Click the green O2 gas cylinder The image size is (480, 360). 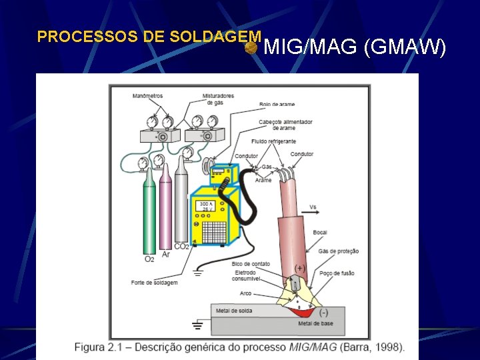tap(149, 213)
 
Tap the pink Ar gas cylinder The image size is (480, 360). tap(165, 210)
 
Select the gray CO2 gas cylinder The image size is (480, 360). tap(181, 203)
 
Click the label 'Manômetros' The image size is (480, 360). tap(147, 96)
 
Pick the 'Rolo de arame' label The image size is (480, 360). tap(277, 105)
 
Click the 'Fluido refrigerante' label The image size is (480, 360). tap(273, 141)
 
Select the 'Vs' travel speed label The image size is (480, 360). tap(313, 207)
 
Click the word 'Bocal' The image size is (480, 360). tap(320, 233)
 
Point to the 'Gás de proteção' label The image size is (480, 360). tap(339, 251)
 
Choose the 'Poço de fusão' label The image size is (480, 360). tap(337, 273)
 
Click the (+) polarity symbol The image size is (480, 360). tap(300, 268)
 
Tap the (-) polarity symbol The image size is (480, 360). tap(323, 312)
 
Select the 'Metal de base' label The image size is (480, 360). tap(315, 323)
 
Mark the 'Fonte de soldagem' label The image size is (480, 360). tap(154, 283)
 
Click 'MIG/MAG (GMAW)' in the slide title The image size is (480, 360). tap(355, 47)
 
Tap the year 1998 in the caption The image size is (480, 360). tap(388, 347)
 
